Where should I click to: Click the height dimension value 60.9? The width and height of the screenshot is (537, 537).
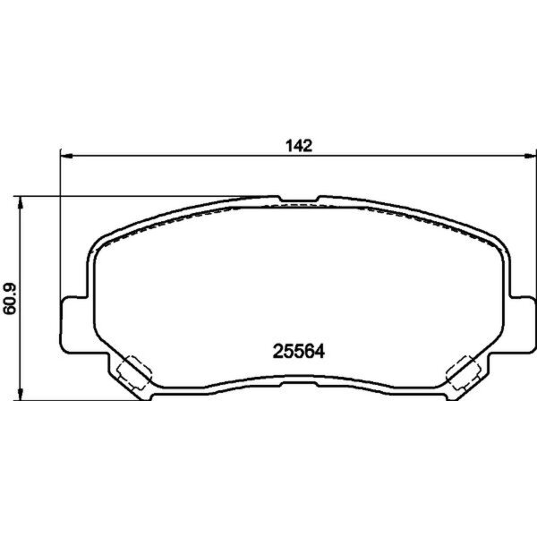point(12,298)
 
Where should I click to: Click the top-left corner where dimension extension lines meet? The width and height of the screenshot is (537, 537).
point(59,195)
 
